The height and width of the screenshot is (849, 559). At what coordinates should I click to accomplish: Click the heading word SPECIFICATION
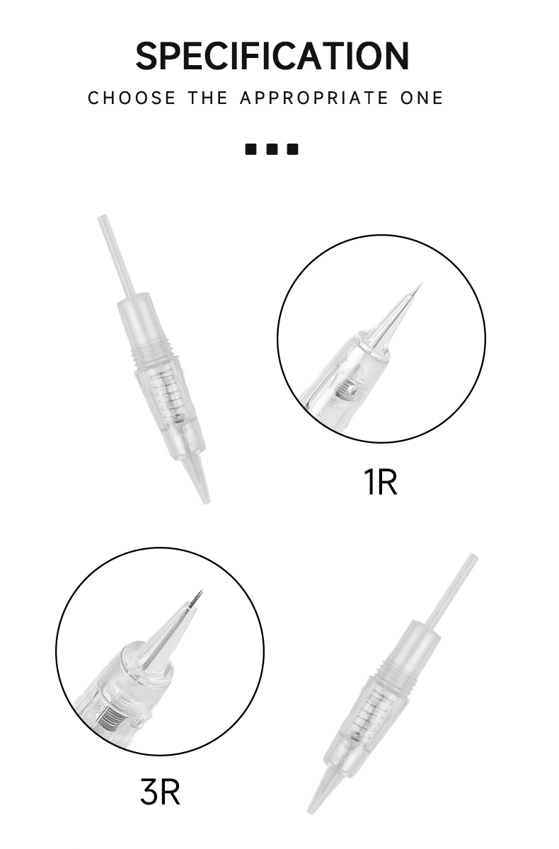click(x=272, y=56)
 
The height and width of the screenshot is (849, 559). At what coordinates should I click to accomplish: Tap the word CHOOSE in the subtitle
click(x=132, y=98)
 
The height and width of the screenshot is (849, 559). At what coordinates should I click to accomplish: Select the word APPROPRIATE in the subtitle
click(x=314, y=98)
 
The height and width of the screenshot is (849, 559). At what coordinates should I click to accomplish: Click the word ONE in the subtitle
click(x=422, y=98)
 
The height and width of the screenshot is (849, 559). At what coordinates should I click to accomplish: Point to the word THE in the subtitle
click(x=208, y=98)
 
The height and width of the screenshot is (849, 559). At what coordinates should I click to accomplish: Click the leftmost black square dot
click(x=251, y=149)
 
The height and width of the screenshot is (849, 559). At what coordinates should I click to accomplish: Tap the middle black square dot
click(x=272, y=149)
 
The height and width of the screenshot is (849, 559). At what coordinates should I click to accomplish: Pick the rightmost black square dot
click(x=292, y=149)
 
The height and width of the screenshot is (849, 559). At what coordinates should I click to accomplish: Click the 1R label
click(x=380, y=481)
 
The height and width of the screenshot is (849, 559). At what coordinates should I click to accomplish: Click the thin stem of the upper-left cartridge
click(x=115, y=255)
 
